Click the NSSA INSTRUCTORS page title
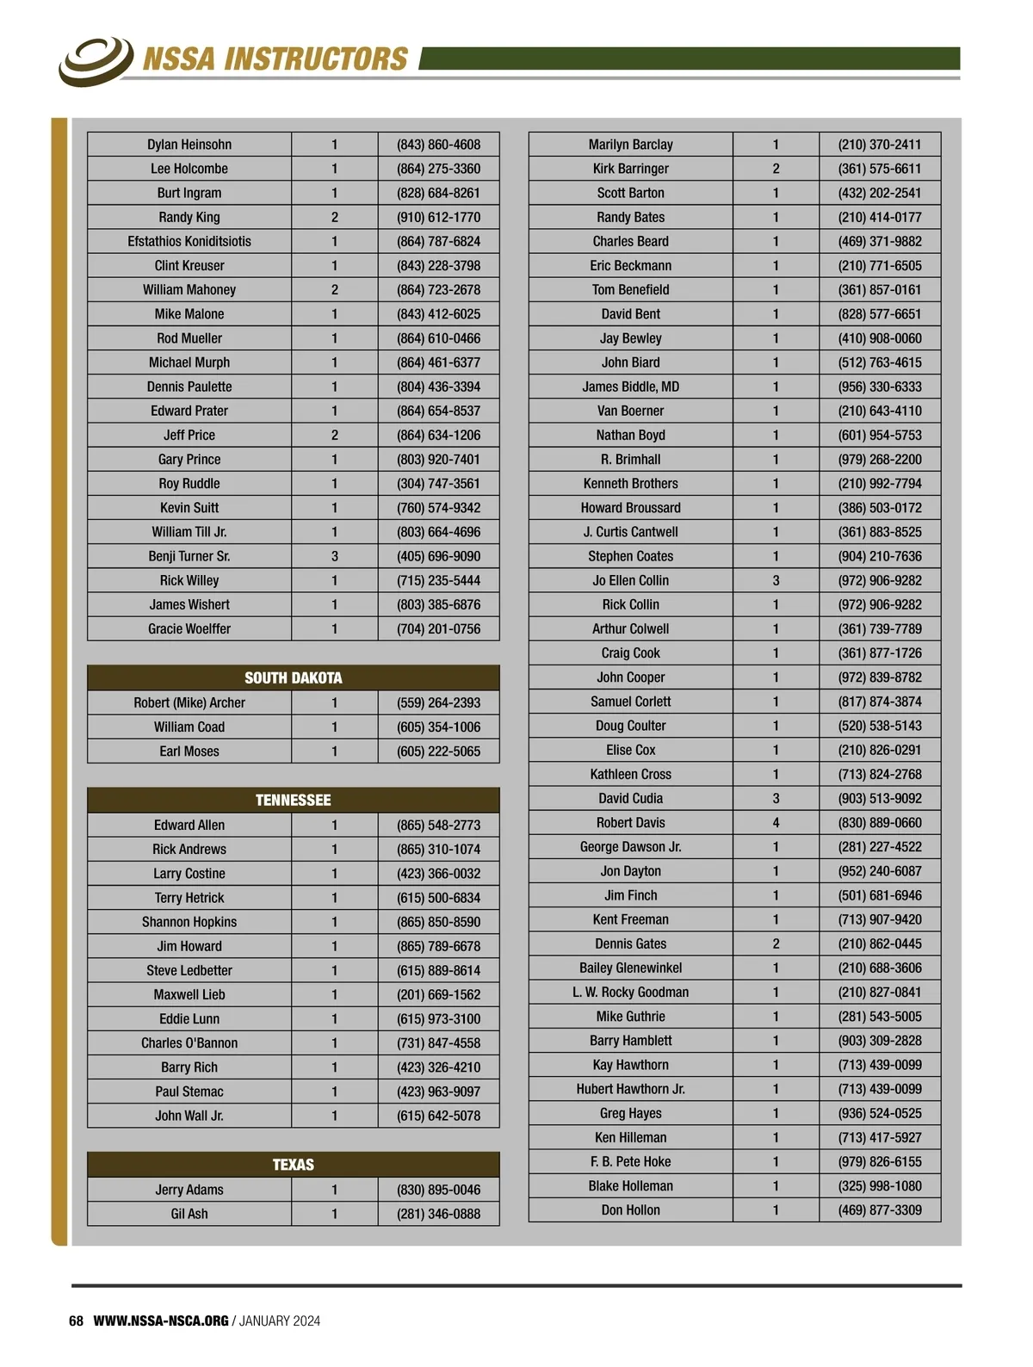coord(275,59)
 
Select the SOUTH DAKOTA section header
coord(293,677)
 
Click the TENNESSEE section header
coord(293,800)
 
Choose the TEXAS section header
coord(293,1165)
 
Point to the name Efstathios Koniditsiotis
coord(189,241)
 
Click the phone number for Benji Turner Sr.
coord(438,556)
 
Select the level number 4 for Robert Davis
coord(776,822)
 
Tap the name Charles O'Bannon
coord(189,1042)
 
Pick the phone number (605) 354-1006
coord(438,727)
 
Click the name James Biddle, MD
coord(630,387)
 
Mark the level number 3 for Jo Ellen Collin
coord(776,580)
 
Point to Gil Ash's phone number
coord(438,1214)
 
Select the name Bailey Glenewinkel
coord(630,968)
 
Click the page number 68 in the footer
coord(76,1321)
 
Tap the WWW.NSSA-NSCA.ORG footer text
coord(161,1321)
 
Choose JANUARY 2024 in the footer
coord(280,1321)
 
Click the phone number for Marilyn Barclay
coord(879,145)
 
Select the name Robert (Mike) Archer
coord(189,702)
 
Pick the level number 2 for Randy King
coord(335,217)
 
